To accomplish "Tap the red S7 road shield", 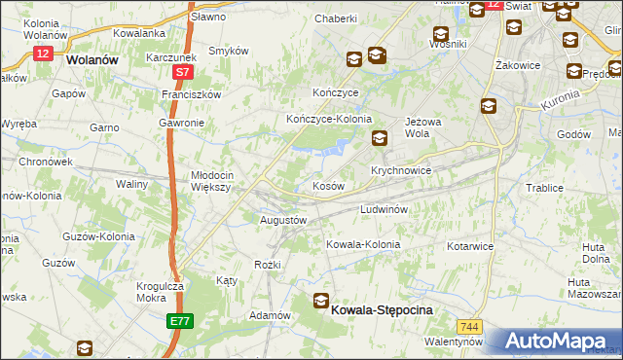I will point(181,73).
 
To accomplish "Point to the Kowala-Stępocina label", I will point(383,308).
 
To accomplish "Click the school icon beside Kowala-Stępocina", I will point(321,302).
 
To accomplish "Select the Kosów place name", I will point(328,185).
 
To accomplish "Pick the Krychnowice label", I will point(401,169).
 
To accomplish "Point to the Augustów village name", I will point(283,220).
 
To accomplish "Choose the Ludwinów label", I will point(388,209).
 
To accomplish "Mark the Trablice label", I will point(544,187).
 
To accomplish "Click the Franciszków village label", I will point(193,94).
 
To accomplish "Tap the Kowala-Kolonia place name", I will point(362,244).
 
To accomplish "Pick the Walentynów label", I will point(454,342).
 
